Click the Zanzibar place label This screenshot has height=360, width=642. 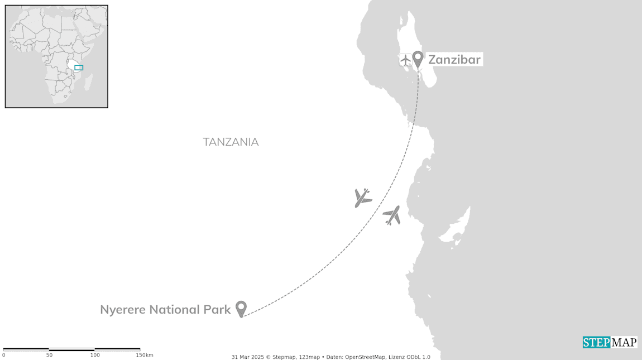(x=454, y=59)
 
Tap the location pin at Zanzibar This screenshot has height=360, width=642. (x=418, y=58)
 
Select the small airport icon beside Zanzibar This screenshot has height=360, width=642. (x=405, y=59)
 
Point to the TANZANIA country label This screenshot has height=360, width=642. (x=231, y=142)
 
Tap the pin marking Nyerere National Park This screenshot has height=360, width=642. (x=241, y=308)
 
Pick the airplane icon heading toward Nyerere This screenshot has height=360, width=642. (x=363, y=197)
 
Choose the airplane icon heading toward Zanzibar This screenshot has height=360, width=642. (x=392, y=215)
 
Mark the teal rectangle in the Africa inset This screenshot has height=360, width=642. (x=79, y=68)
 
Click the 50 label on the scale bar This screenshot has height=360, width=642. (x=49, y=355)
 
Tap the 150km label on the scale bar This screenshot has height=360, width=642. (x=144, y=355)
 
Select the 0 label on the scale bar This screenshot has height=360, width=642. (x=3, y=355)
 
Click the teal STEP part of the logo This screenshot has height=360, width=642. (x=596, y=342)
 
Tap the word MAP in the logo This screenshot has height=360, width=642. (x=624, y=342)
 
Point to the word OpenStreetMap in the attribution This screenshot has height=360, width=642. (x=366, y=357)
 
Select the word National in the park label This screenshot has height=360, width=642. (x=170, y=309)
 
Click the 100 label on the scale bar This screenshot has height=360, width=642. (x=95, y=355)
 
